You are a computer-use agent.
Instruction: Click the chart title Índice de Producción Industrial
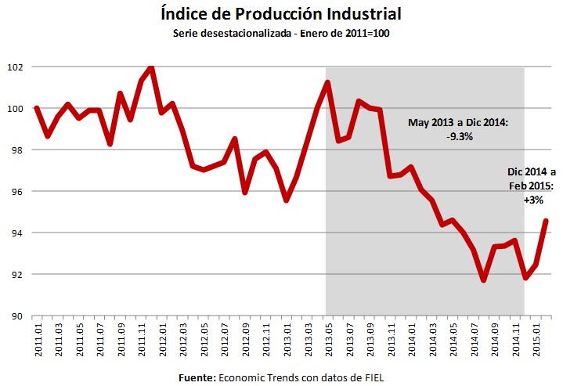coord(280,13)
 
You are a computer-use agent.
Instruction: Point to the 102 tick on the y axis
coord(16,67)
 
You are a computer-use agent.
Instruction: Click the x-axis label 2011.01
coord(38,340)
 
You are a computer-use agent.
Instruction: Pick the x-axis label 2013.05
coord(326,340)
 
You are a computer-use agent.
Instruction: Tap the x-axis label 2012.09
coord(245,340)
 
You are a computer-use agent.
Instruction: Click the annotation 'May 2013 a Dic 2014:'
coord(458,123)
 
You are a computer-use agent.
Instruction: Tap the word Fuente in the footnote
coord(197,377)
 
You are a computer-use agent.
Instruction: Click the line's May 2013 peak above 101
coord(327,82)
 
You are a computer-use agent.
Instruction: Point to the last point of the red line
coord(546,221)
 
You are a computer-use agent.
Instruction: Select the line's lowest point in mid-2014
coord(482,280)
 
